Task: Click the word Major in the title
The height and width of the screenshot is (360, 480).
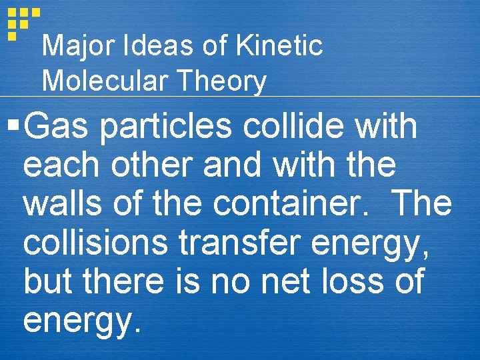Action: pyautogui.click(x=73, y=47)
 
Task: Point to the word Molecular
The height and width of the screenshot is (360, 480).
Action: pyautogui.click(x=104, y=82)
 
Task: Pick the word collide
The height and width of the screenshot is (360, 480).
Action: pyautogui.click(x=293, y=127)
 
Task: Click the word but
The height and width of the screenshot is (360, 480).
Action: pyautogui.click(x=50, y=281)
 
